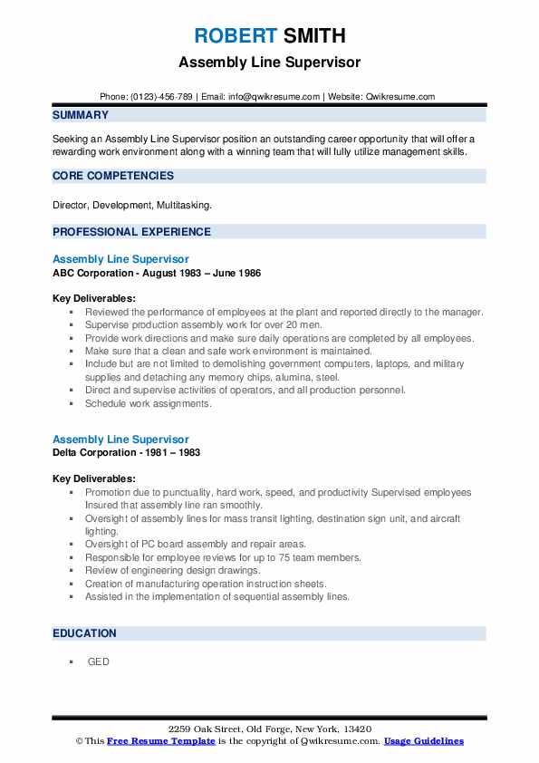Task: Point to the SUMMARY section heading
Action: pyautogui.click(x=81, y=115)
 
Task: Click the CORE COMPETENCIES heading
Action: pyautogui.click(x=113, y=176)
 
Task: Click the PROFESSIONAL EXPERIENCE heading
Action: pyautogui.click(x=131, y=232)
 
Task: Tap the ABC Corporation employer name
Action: pyautogui.click(x=95, y=273)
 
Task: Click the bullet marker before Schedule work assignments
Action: pyautogui.click(x=70, y=404)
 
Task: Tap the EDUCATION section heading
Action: pyautogui.click(x=84, y=633)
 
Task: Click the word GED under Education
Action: pyautogui.click(x=98, y=662)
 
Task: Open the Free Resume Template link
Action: pyautogui.click(x=160, y=741)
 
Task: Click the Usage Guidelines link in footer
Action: pyautogui.click(x=423, y=741)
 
